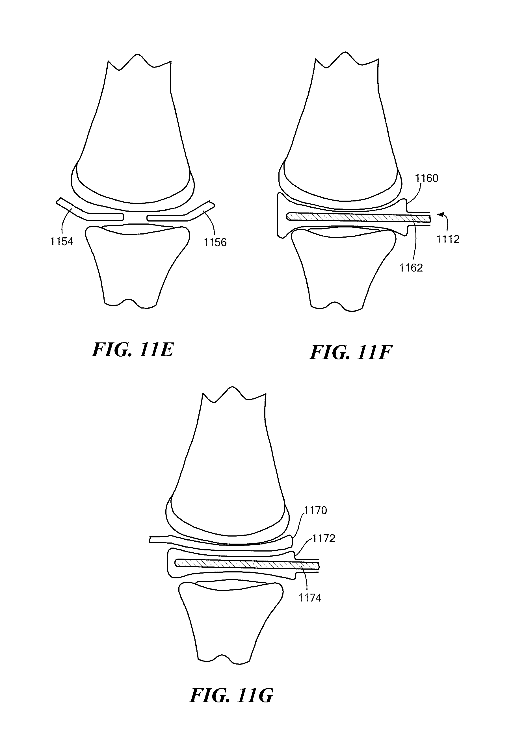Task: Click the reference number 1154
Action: pyautogui.click(x=61, y=241)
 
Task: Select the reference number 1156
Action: pyautogui.click(x=215, y=242)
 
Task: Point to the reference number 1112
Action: pyautogui.click(x=448, y=239)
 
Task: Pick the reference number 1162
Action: pyautogui.click(x=411, y=268)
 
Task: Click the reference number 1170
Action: pyautogui.click(x=315, y=510)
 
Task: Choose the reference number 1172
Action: pyautogui.click(x=323, y=538)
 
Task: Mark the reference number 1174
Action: pyautogui.click(x=310, y=598)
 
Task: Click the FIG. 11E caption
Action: pyautogui.click(x=133, y=350)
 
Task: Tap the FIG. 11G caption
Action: pyautogui.click(x=231, y=695)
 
